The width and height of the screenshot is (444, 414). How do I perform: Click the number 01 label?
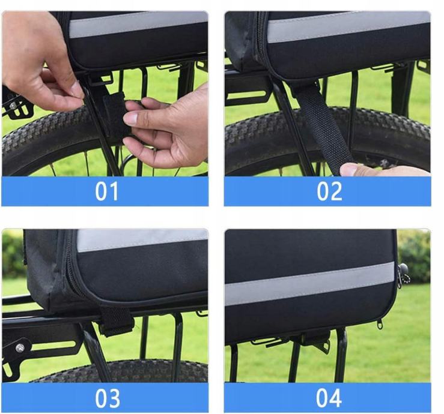pos(106,191)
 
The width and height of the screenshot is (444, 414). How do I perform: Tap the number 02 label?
pos(329,191)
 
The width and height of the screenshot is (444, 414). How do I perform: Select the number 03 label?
pos(107,398)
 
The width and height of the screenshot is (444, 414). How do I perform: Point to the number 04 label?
pos(329,398)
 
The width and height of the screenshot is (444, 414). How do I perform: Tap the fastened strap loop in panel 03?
pos(114,320)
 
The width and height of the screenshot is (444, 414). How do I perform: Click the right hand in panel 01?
pos(167,127)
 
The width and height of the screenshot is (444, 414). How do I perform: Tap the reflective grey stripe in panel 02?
pos(348,27)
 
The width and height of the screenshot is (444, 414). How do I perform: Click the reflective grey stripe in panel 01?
pos(138,25)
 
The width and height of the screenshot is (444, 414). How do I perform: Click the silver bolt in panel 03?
pos(19,348)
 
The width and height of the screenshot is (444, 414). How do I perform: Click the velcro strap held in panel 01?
pos(114,116)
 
